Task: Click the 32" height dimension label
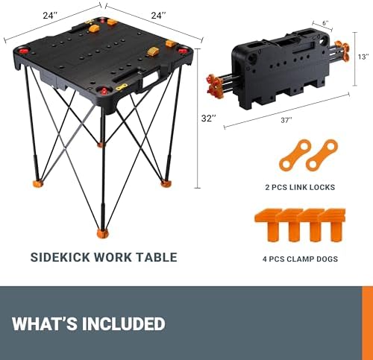click(x=210, y=118)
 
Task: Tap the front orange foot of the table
click(x=102, y=233)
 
